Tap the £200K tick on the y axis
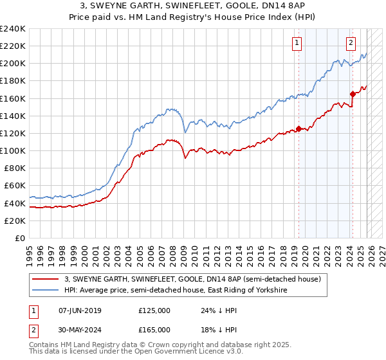point(13,64)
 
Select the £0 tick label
point(21,238)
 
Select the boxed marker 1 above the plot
point(297,44)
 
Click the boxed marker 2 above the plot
point(351,44)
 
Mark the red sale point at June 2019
point(299,129)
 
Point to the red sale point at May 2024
point(353,94)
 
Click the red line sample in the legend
point(46,279)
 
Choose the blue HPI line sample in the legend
point(46,291)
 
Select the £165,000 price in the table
point(154,329)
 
